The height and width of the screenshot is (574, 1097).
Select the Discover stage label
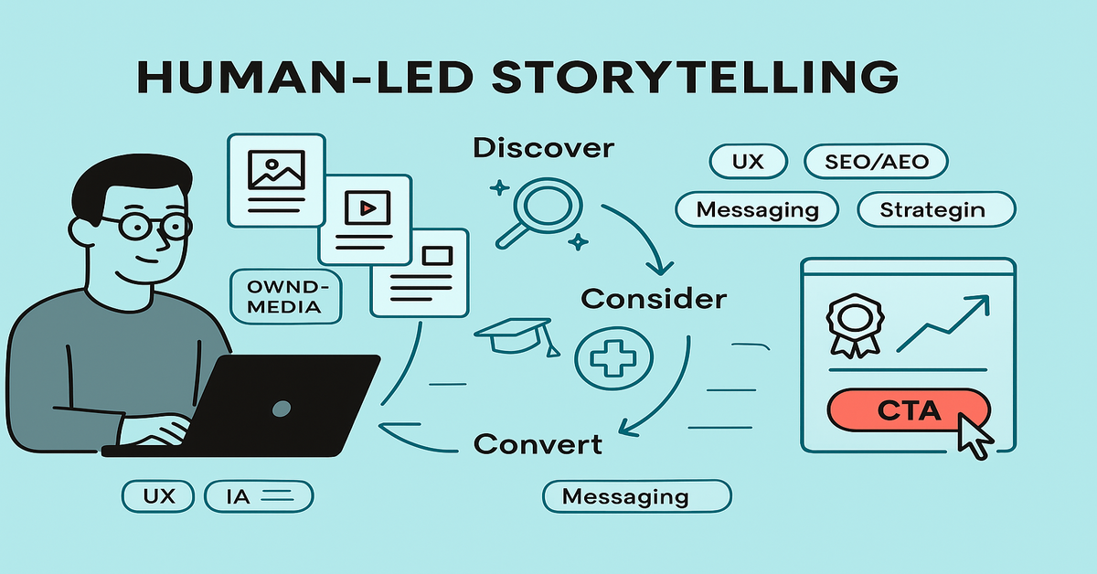click(x=543, y=148)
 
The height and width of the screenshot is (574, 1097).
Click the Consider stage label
click(x=654, y=298)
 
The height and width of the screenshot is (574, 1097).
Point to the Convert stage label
click(x=538, y=445)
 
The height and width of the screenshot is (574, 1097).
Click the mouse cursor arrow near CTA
click(x=975, y=435)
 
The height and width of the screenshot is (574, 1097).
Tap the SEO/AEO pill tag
click(x=876, y=163)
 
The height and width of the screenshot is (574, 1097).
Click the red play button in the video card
click(x=366, y=208)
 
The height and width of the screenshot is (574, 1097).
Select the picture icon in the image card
click(x=275, y=169)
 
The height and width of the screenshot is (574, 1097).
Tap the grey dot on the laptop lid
click(x=282, y=407)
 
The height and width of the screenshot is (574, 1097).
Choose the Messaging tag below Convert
click(x=624, y=497)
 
